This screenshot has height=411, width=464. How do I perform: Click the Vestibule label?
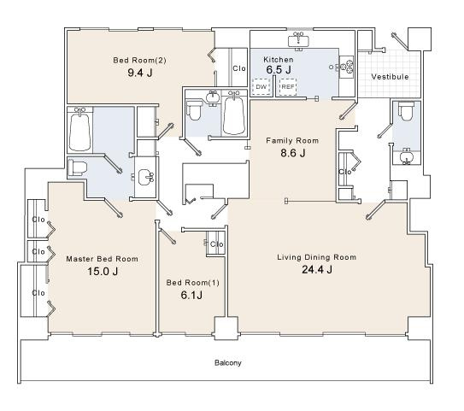click(x=390, y=77)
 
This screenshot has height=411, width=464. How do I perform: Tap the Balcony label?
click(x=228, y=363)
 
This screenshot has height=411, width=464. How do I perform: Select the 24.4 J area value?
click(x=317, y=269)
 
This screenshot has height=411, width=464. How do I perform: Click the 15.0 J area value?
click(x=103, y=272)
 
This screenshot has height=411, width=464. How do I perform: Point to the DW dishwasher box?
click(x=261, y=86)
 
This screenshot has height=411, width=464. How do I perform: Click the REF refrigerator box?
click(x=288, y=86)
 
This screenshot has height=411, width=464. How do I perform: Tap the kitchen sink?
click(x=298, y=40)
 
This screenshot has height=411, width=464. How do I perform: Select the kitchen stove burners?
click(x=347, y=68)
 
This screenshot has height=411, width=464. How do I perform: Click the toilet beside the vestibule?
click(x=406, y=111)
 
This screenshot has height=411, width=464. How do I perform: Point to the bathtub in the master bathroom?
click(x=79, y=131)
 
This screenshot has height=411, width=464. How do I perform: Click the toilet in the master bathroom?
click(x=78, y=167)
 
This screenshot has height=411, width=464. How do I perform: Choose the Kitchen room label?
click(x=279, y=60)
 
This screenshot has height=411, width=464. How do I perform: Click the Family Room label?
click(x=292, y=140)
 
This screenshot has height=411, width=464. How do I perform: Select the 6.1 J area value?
click(x=191, y=295)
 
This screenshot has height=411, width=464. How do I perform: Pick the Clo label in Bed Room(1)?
click(x=216, y=244)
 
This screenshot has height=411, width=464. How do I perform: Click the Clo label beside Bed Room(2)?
click(x=239, y=68)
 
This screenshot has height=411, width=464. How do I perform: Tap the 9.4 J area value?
click(x=140, y=73)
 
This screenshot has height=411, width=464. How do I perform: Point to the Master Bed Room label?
click(x=102, y=259)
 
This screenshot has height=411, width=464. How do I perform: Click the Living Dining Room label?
click(x=317, y=257)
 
